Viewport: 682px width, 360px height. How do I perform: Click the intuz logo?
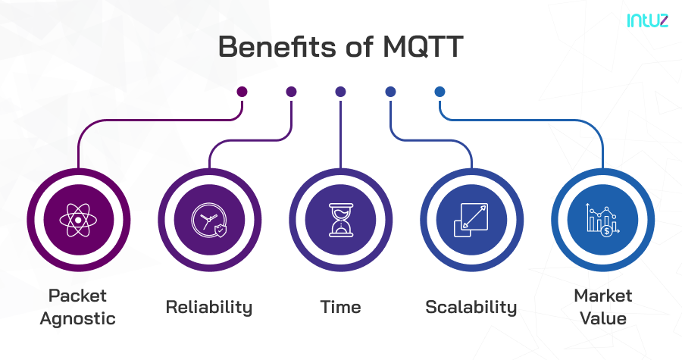click(646, 20)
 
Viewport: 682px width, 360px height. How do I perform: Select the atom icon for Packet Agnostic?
click(78, 221)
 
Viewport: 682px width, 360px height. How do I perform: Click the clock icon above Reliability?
click(209, 221)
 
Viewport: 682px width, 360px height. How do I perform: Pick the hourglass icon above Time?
click(340, 221)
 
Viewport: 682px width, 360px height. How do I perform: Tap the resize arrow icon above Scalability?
click(471, 221)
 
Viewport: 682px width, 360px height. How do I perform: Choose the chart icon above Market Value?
click(602, 221)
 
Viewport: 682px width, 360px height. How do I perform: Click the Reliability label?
click(209, 307)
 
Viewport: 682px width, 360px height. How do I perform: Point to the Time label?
click(340, 307)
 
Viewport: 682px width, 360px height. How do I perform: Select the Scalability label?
click(471, 307)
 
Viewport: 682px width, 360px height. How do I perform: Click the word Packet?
click(78, 295)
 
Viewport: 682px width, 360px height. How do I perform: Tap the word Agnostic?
click(78, 318)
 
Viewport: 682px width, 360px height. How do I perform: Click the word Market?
click(602, 295)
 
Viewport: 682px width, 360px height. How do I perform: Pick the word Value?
click(602, 318)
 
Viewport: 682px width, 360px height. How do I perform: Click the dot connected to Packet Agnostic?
click(242, 92)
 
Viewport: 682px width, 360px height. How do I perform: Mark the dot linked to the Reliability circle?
click(291, 92)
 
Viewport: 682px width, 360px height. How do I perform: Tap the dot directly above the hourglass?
click(340, 92)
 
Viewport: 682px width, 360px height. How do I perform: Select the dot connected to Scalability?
click(390, 92)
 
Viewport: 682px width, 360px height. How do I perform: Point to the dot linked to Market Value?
click(440, 92)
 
